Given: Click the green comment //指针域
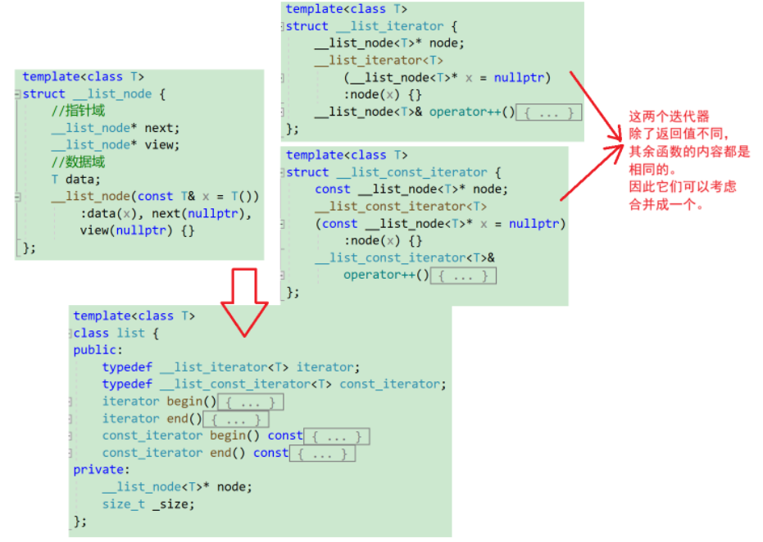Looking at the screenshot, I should pyautogui.click(x=78, y=111).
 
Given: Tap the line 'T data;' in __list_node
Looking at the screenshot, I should pyautogui.click(x=75, y=180).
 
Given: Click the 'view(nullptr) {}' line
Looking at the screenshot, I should pyautogui.click(x=136, y=230).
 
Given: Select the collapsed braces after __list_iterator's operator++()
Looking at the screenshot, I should pyautogui.click(x=548, y=112).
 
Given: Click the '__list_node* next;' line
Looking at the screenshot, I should pyautogui.click(x=115, y=128).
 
